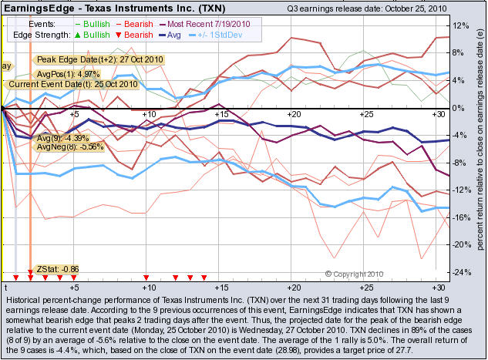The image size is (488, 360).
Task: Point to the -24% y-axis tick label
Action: click(x=461, y=272)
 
